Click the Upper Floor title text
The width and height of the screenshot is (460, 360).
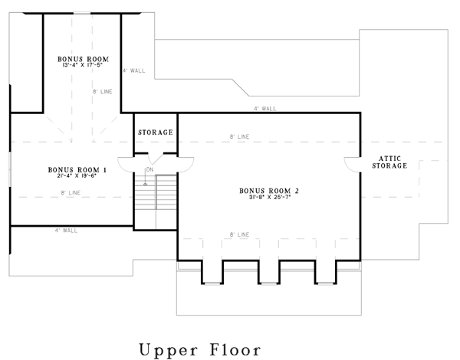(200, 350)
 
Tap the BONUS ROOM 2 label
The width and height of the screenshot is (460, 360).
(269, 191)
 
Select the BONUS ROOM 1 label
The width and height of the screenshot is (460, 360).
(77, 170)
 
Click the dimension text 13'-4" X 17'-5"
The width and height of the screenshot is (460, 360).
(82, 65)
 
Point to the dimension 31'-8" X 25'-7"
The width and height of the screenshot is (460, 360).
(270, 198)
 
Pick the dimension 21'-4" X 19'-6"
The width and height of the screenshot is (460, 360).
(77, 176)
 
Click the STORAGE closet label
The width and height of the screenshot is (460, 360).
(156, 133)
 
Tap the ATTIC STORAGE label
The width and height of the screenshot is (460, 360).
(389, 162)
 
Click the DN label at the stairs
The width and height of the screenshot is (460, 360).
(149, 169)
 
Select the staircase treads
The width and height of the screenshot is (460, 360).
(156, 192)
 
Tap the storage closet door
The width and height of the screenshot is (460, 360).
(156, 159)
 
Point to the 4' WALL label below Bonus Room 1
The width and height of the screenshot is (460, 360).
(66, 231)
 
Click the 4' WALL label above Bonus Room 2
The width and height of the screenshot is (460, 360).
(265, 109)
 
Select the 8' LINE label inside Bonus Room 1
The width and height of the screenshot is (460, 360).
(71, 192)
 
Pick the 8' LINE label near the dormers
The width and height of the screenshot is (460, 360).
(239, 234)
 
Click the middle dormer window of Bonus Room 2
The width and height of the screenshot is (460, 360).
(269, 283)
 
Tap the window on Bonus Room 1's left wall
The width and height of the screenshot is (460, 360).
(10, 169)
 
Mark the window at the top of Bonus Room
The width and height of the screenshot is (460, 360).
(82, 13)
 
